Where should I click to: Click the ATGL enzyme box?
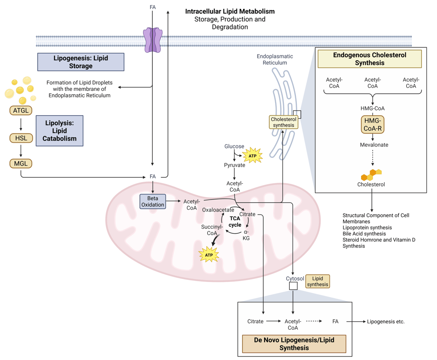coord(21,111)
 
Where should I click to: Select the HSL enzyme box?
coord(21,138)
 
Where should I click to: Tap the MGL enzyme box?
coord(21,163)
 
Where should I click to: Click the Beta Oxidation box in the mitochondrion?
coord(153,201)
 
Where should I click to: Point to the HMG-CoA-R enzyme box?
coord(373,124)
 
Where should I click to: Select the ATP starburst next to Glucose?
coord(253,156)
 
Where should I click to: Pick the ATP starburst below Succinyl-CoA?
coord(209,255)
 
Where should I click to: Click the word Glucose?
coord(234,146)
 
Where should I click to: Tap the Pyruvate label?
coord(234,165)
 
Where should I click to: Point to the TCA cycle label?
coord(235,221)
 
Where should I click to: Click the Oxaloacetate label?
coord(218,210)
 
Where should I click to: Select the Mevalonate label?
coord(374,145)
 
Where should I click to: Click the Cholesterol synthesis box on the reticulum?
coord(283,122)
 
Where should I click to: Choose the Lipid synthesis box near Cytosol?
coord(318,282)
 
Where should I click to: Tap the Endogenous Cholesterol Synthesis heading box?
coord(370,59)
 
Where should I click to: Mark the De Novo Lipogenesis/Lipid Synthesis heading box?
coord(294,344)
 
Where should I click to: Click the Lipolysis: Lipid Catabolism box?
coord(59,131)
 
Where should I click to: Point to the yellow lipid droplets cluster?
coord(19,89)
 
